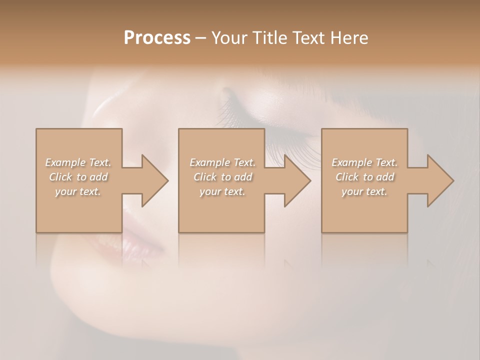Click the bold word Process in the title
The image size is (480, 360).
(x=157, y=38)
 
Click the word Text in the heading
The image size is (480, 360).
(x=309, y=38)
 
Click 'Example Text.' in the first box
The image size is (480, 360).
(x=78, y=162)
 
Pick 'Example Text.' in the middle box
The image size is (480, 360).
(x=222, y=162)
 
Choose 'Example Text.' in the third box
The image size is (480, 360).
(x=364, y=162)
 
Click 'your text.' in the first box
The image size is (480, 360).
(x=78, y=191)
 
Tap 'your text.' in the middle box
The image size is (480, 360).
(x=222, y=191)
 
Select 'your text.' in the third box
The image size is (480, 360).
(x=364, y=191)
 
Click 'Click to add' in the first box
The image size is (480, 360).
(x=78, y=177)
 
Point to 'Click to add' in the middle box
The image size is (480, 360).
(x=222, y=177)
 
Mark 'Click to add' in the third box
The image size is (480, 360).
(x=364, y=177)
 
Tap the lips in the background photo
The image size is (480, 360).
(x=142, y=235)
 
